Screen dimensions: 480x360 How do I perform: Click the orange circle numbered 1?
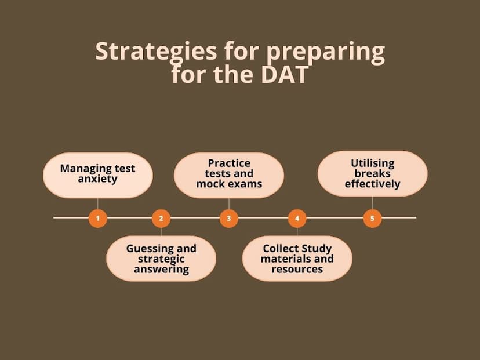97,219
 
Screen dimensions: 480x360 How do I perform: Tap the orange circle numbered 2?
161,219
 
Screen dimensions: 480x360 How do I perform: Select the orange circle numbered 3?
228,219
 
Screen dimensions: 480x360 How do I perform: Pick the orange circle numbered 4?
297,219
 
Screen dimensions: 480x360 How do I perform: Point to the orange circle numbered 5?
372,219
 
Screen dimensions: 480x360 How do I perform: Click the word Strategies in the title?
156,52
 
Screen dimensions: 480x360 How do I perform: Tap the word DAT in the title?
285,74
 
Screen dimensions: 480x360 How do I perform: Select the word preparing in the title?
325,53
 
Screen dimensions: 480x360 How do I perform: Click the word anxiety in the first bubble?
97,179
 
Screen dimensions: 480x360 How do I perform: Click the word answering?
161,270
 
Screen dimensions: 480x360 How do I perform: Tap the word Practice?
229,163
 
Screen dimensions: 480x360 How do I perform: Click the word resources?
297,269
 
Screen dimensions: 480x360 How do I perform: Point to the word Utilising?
373,163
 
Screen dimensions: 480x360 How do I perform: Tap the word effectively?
373,184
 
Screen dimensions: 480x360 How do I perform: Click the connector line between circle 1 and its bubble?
97,203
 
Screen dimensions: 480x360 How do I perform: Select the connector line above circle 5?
372,203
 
